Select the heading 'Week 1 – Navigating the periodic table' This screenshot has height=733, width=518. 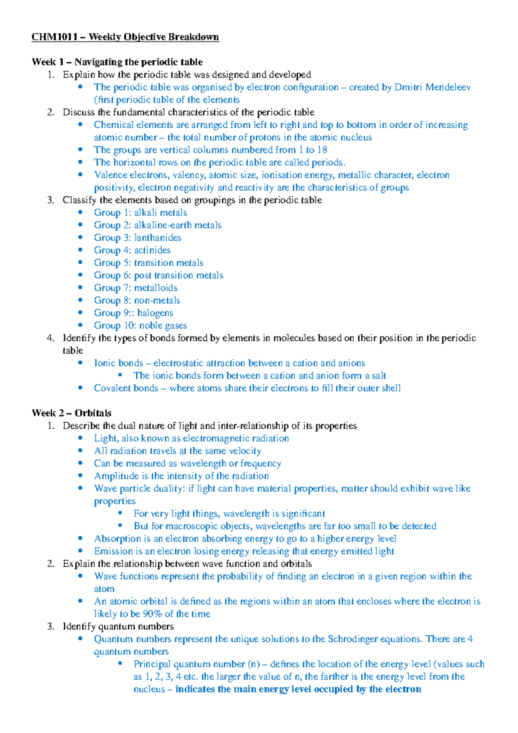click(x=117, y=62)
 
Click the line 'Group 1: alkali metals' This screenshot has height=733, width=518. click(x=140, y=213)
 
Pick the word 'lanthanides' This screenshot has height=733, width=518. click(x=158, y=238)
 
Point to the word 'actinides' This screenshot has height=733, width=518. click(x=152, y=250)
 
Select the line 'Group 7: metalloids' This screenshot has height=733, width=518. click(x=136, y=288)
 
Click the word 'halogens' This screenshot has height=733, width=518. click(x=155, y=313)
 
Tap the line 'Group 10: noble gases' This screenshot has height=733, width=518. click(x=140, y=325)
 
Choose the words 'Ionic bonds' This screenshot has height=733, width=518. click(x=118, y=363)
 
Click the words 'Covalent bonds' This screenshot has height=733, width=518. click(x=126, y=388)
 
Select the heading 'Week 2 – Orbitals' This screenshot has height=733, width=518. click(x=71, y=413)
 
